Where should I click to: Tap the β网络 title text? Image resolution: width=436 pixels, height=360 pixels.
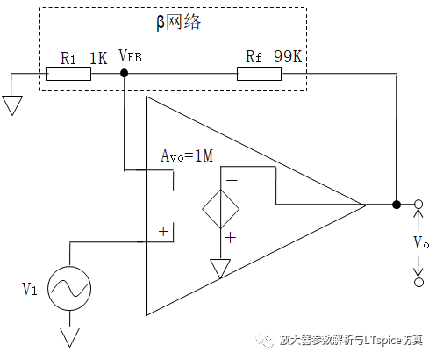(179, 22)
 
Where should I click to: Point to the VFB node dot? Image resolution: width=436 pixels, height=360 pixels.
(125, 73)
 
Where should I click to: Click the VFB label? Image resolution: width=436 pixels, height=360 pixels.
(130, 55)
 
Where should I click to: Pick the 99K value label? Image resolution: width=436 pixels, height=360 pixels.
(288, 56)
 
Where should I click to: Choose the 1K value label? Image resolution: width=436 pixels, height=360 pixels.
(98, 58)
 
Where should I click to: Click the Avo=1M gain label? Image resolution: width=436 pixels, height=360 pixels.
(187, 155)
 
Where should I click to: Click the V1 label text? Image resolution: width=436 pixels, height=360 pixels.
(30, 289)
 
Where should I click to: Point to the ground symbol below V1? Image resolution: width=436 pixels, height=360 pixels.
(70, 337)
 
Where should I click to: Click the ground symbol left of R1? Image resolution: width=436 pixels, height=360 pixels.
(12, 105)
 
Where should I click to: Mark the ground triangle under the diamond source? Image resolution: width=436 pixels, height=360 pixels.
(220, 269)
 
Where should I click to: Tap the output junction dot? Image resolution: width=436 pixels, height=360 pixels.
(397, 205)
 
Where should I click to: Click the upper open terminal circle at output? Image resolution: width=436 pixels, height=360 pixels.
(418, 204)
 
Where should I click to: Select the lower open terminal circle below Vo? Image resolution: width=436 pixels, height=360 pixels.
(418, 282)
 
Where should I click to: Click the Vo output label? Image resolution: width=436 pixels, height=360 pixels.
(421, 242)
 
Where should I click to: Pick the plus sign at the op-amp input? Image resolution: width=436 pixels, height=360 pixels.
(163, 232)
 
